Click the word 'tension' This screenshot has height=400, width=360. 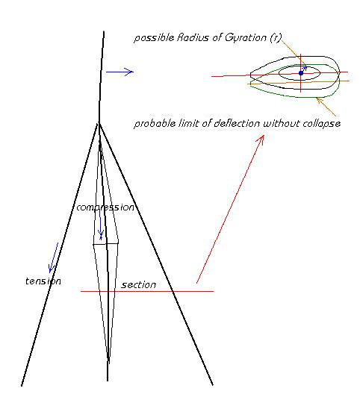tap(43, 281)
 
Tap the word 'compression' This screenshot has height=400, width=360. tap(105, 207)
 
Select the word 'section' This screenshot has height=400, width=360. tap(139, 284)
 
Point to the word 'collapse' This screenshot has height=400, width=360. tap(321, 124)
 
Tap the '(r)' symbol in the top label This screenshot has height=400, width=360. tap(276, 38)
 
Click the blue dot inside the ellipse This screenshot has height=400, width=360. tap(301, 73)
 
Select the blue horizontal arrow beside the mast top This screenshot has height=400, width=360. tap(120, 72)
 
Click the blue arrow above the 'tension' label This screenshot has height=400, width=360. tap(53, 257)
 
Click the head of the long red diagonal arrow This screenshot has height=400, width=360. tap(263, 136)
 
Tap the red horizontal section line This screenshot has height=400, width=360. tap(147, 291)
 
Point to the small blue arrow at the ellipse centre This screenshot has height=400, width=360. tap(304, 69)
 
